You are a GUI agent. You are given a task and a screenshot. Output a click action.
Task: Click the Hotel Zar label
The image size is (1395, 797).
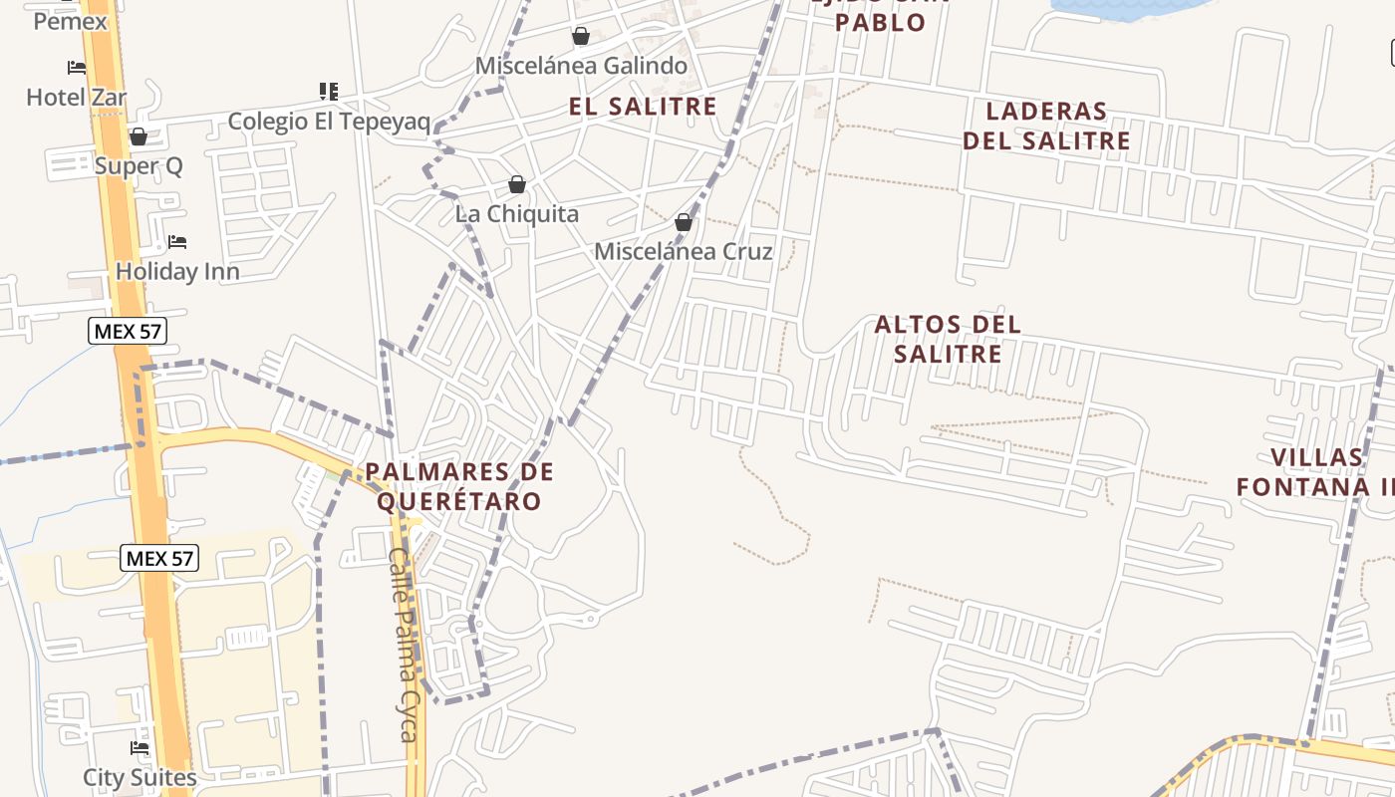point(77,98)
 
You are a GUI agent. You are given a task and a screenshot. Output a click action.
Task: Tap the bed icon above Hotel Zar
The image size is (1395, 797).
point(77,68)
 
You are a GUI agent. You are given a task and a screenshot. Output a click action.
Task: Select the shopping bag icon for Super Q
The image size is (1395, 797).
point(139,136)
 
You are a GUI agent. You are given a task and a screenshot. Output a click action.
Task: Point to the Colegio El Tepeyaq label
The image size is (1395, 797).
point(329,122)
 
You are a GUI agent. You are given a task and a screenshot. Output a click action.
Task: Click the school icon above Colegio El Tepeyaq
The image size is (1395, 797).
point(329,92)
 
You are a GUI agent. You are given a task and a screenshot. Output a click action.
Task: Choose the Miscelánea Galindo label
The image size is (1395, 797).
point(581,66)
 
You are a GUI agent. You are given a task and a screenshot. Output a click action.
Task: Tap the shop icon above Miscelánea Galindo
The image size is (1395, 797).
point(581,37)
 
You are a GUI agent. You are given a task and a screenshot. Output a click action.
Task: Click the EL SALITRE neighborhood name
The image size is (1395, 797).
point(643,107)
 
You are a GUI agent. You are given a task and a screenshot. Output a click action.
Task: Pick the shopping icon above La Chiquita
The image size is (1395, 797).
point(516,184)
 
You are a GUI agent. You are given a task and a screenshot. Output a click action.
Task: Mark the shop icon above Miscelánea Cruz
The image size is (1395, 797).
point(684,222)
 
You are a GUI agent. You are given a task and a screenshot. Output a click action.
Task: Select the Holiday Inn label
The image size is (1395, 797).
point(177,271)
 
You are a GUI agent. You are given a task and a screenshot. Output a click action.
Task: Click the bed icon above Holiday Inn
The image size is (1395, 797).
point(177,242)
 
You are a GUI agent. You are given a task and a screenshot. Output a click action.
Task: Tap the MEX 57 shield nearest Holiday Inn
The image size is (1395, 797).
point(127,331)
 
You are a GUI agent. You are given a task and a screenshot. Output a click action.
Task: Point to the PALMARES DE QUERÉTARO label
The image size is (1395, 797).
point(458,486)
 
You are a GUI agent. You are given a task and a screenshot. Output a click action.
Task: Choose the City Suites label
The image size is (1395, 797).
point(139,777)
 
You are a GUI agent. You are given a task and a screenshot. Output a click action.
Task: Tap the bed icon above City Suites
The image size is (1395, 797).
point(139,747)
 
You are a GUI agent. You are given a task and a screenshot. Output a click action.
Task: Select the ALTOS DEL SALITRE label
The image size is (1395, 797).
point(948,339)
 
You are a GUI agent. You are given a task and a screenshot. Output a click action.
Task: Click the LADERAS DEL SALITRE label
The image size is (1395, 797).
point(1046,126)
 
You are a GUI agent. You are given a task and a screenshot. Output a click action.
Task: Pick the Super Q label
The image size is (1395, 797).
point(139,165)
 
